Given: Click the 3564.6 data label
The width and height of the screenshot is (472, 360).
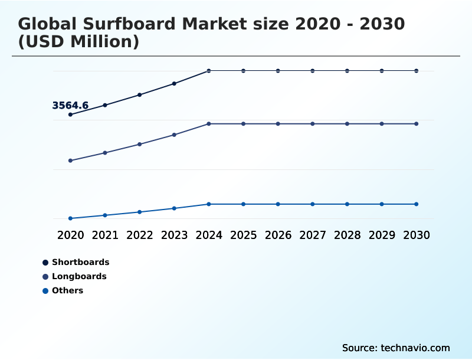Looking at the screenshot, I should click(70, 106).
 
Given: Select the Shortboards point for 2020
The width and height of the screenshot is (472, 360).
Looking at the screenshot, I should click(70, 114).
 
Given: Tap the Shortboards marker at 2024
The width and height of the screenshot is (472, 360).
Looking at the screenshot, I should click(209, 71).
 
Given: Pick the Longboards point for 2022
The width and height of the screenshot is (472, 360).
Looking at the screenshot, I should click(140, 144).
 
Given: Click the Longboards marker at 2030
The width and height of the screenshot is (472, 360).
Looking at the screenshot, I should click(417, 124).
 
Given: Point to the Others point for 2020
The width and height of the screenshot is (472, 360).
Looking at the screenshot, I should click(70, 218).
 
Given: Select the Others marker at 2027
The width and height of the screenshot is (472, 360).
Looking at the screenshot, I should click(313, 204).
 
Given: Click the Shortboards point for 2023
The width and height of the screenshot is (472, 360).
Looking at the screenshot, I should click(174, 84).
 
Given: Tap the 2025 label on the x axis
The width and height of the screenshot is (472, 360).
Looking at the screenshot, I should click(243, 235).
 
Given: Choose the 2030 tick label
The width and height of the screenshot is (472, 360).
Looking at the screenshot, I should click(417, 235).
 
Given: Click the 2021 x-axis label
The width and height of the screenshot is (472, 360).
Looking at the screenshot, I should click(105, 235).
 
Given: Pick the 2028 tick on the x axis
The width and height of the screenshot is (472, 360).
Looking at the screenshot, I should click(347, 235).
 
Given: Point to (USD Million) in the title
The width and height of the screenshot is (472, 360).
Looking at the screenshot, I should click(78, 42).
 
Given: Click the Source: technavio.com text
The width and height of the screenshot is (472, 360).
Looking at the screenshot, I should click(396, 348).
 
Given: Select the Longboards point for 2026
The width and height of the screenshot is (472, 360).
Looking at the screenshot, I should click(278, 124).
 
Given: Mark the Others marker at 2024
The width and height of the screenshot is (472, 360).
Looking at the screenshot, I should click(209, 204).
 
